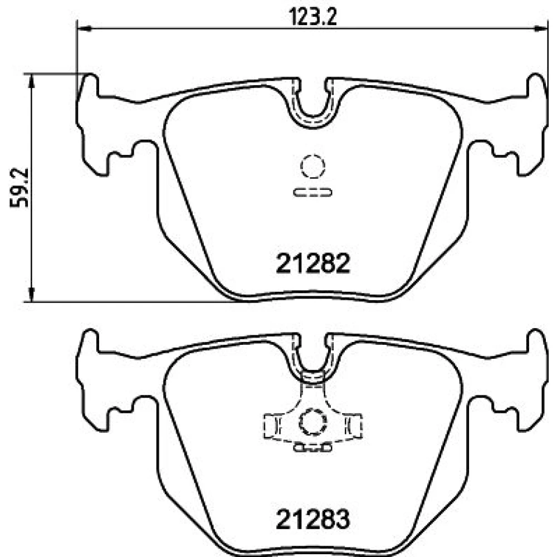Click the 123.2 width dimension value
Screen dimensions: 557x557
[x=312, y=17]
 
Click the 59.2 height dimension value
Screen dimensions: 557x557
[x=19, y=188]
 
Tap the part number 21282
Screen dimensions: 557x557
[x=313, y=263]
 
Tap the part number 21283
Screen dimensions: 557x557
[x=313, y=519]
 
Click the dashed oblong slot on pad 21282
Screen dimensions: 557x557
[x=312, y=193]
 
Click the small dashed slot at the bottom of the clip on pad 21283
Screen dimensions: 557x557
[x=312, y=448]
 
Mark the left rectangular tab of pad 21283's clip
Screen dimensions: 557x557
[x=272, y=426]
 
